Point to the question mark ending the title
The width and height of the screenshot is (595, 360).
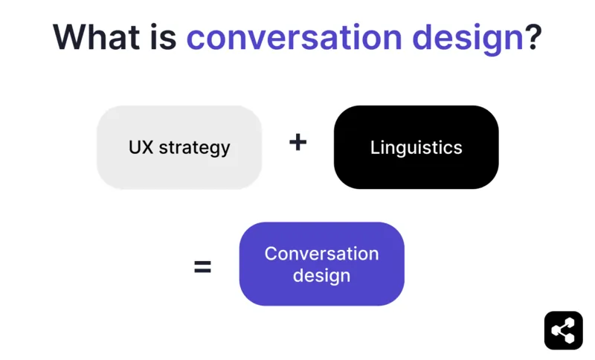533,36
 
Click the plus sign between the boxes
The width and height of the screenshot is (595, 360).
297,142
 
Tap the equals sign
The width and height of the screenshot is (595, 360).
202,266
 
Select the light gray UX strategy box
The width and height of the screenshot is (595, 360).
179,147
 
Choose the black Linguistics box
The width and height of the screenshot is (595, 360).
416,147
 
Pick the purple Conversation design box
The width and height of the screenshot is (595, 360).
321,264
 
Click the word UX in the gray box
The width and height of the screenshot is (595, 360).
141,147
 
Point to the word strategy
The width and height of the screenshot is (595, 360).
195,148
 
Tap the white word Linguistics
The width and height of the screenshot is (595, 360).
416,147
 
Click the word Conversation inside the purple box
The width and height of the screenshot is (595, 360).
321,254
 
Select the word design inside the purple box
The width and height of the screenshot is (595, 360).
321,276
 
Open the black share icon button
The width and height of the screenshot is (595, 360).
563,330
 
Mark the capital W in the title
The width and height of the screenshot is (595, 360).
69,36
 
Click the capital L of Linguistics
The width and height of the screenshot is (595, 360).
374,147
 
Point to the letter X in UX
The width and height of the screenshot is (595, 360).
148,147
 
